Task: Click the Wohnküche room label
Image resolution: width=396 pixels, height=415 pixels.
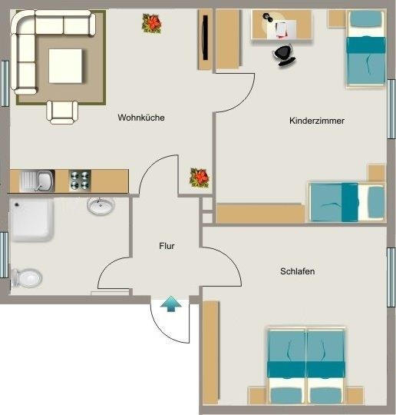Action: pyautogui.click(x=141, y=118)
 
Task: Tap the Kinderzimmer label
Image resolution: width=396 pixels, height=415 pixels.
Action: pyautogui.click(x=317, y=121)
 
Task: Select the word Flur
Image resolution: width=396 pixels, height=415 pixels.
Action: pyautogui.click(x=167, y=246)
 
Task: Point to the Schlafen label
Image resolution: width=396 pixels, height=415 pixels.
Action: pyautogui.click(x=298, y=271)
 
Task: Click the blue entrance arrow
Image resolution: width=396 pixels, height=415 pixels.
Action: pyautogui.click(x=171, y=304)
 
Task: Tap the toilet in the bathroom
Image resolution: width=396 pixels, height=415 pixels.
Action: pyautogui.click(x=26, y=278)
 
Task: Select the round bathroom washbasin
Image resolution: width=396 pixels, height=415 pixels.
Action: pyautogui.click(x=101, y=205)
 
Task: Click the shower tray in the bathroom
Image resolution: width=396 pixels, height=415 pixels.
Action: pyautogui.click(x=31, y=220)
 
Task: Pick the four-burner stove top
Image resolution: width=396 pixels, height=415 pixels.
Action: pyautogui.click(x=80, y=181)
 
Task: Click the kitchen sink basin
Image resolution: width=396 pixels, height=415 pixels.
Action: pyautogui.click(x=45, y=181)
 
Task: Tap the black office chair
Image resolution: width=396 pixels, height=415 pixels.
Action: pyautogui.click(x=284, y=55)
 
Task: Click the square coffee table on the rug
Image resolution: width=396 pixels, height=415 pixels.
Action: pyautogui.click(x=65, y=66)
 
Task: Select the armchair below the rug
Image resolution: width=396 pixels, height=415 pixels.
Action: pyautogui.click(x=62, y=112)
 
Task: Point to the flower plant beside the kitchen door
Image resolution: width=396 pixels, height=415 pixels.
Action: pyautogui.click(x=200, y=178)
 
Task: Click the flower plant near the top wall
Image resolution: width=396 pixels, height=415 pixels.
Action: pyautogui.click(x=152, y=24)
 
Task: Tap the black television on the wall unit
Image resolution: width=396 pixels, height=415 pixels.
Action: pyautogui.click(x=205, y=38)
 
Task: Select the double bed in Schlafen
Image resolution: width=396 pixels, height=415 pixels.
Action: pyautogui.click(x=306, y=366)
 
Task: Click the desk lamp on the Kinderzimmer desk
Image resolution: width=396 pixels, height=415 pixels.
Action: pyautogui.click(x=269, y=18)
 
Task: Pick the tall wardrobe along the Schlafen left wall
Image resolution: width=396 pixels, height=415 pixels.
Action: pyautogui.click(x=211, y=353)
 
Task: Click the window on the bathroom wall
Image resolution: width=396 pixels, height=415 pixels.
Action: pyautogui.click(x=5, y=254)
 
